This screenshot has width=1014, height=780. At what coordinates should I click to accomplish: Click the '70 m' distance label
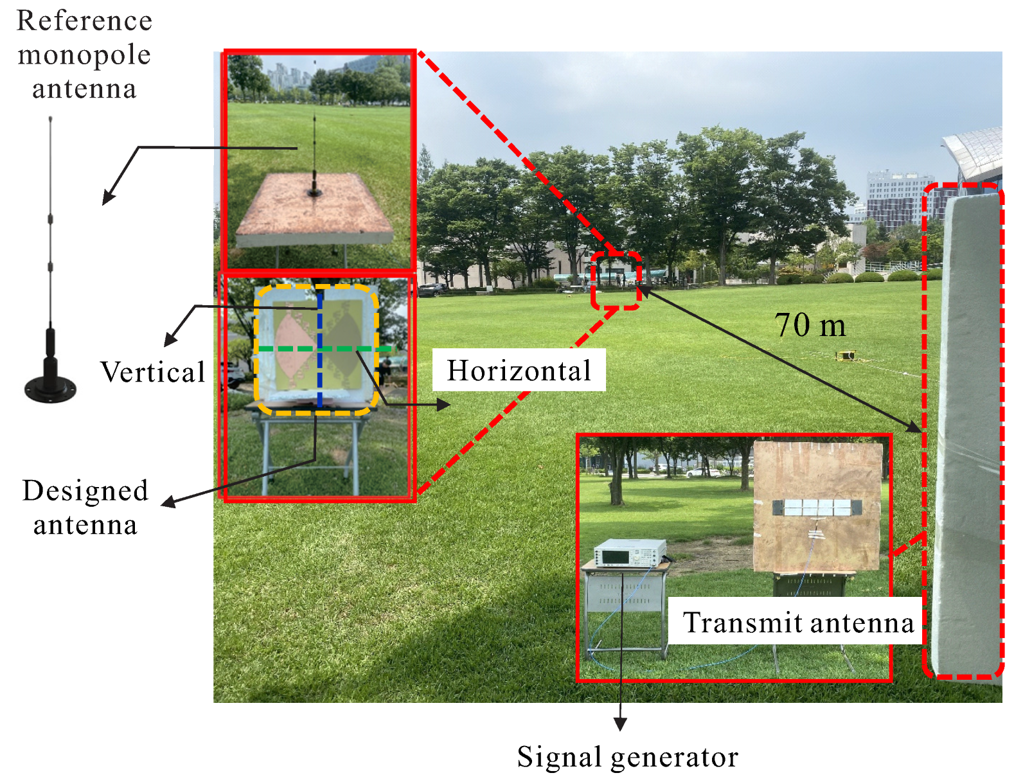click(810, 325)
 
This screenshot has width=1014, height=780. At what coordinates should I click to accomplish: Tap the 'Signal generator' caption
click(627, 757)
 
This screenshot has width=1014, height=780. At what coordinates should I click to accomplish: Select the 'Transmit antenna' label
click(797, 622)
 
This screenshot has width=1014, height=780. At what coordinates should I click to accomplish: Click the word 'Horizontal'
click(519, 370)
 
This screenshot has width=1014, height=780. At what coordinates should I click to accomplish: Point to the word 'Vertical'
click(152, 372)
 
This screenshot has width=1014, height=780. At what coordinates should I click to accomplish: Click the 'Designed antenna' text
click(85, 508)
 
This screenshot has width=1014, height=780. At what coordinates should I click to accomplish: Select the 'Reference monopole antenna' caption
click(84, 55)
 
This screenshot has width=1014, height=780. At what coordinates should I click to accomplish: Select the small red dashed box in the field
click(616, 281)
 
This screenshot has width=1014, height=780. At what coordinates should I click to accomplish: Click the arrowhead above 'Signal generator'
click(620, 724)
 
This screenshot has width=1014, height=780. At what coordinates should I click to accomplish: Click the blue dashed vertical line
click(319, 379)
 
